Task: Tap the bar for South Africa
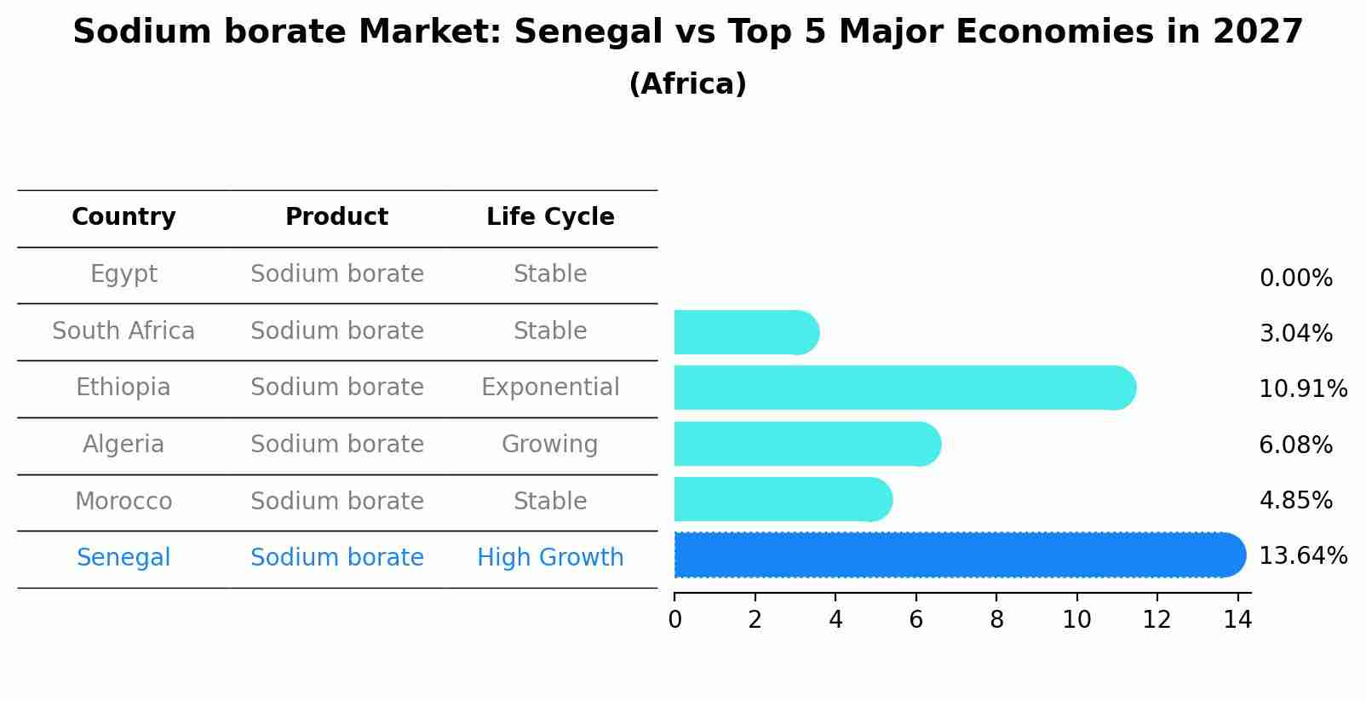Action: click(745, 332)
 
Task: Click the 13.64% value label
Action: click(1302, 556)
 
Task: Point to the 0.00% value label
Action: click(1295, 279)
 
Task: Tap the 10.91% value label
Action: click(1302, 389)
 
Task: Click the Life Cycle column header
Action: click(550, 217)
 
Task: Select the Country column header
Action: click(123, 217)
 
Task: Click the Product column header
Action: click(336, 217)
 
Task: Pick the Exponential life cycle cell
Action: click(550, 388)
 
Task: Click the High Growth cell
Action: click(550, 558)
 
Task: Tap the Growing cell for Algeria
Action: click(550, 445)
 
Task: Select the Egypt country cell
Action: click(123, 274)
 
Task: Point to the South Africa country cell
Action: click(123, 331)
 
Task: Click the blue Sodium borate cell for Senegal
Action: click(336, 558)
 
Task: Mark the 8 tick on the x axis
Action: click(996, 620)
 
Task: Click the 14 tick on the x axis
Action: click(1237, 620)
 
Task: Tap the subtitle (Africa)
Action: click(687, 84)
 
